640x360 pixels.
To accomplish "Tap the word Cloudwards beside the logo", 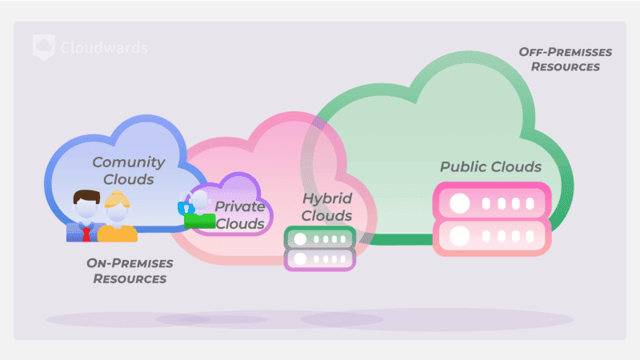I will tap(104, 48).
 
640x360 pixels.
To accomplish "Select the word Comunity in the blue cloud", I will tap(129, 162).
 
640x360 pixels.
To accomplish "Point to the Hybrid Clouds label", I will tap(326, 206).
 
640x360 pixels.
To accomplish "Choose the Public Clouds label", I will tap(490, 166).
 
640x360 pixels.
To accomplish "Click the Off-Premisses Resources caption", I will tap(565, 59).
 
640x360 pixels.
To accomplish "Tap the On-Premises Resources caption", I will tap(130, 270).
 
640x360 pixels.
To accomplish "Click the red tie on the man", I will tap(86, 233).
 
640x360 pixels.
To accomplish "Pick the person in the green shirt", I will tap(200, 213).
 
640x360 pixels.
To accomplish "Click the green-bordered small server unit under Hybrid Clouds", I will tap(319, 238).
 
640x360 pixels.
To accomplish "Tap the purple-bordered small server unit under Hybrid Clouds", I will tap(319, 259).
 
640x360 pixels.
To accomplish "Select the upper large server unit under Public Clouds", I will tap(491, 202).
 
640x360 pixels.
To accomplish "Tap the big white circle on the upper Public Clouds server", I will tap(459, 202).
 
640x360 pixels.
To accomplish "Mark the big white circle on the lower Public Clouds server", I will tap(459, 237).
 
